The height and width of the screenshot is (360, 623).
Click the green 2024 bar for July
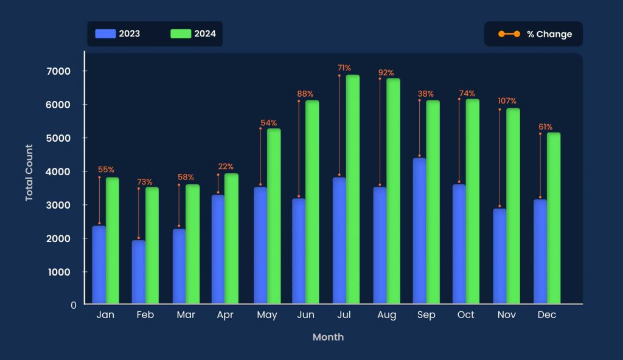point(353,189)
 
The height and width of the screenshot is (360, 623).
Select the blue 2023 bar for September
point(419,231)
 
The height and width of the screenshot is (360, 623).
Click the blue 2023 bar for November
point(499,256)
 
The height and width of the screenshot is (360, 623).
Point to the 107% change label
point(507,101)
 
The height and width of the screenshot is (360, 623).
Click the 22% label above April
point(226,167)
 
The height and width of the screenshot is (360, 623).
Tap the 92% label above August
point(386,73)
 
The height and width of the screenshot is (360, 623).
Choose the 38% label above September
point(426,94)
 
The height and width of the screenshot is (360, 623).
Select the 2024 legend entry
point(193,34)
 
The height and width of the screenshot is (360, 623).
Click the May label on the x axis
point(267,315)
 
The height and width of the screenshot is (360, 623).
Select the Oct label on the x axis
point(465,315)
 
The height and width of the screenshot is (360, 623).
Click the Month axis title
point(328,337)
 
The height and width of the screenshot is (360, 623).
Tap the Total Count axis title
point(29,173)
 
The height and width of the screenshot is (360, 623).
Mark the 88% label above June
point(305,94)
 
